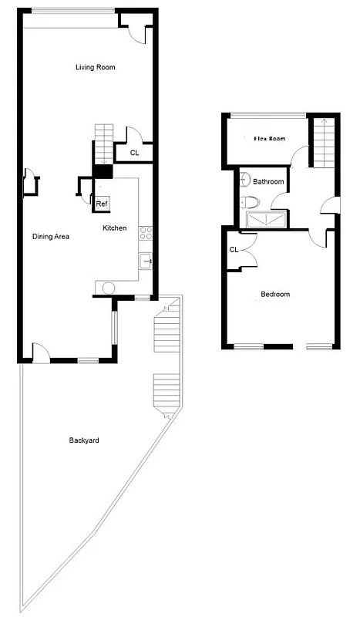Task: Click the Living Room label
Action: (95, 68)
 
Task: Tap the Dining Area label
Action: (51, 237)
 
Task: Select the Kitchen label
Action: (115, 228)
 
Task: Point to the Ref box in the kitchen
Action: (102, 204)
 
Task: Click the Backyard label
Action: (84, 440)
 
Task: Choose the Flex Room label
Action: (270, 139)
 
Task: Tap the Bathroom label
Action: (268, 182)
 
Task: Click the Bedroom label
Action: (275, 294)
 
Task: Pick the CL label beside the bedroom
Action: (234, 249)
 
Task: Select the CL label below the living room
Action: (134, 153)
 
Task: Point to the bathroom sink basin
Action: (244, 182)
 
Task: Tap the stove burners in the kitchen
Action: (145, 232)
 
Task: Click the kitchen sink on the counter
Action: (146, 261)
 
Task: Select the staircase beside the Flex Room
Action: (324, 143)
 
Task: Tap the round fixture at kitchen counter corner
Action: (108, 288)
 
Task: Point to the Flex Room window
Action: (266, 116)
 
